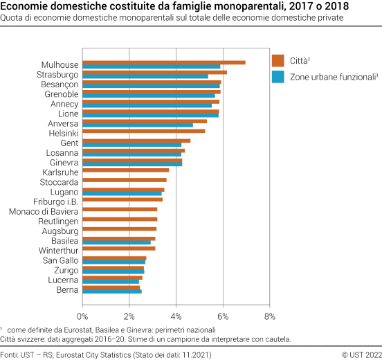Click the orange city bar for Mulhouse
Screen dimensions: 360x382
(x=164, y=62)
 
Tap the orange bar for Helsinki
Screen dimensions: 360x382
(x=144, y=130)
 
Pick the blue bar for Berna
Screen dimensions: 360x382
(x=112, y=291)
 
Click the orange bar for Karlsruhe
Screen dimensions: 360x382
(x=126, y=170)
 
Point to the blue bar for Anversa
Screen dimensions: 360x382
(x=138, y=125)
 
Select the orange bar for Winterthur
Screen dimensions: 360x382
(x=119, y=248)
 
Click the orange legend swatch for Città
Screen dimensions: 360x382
(x=279, y=60)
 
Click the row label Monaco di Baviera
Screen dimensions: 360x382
(x=44, y=210)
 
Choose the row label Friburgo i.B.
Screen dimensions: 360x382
(x=57, y=200)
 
